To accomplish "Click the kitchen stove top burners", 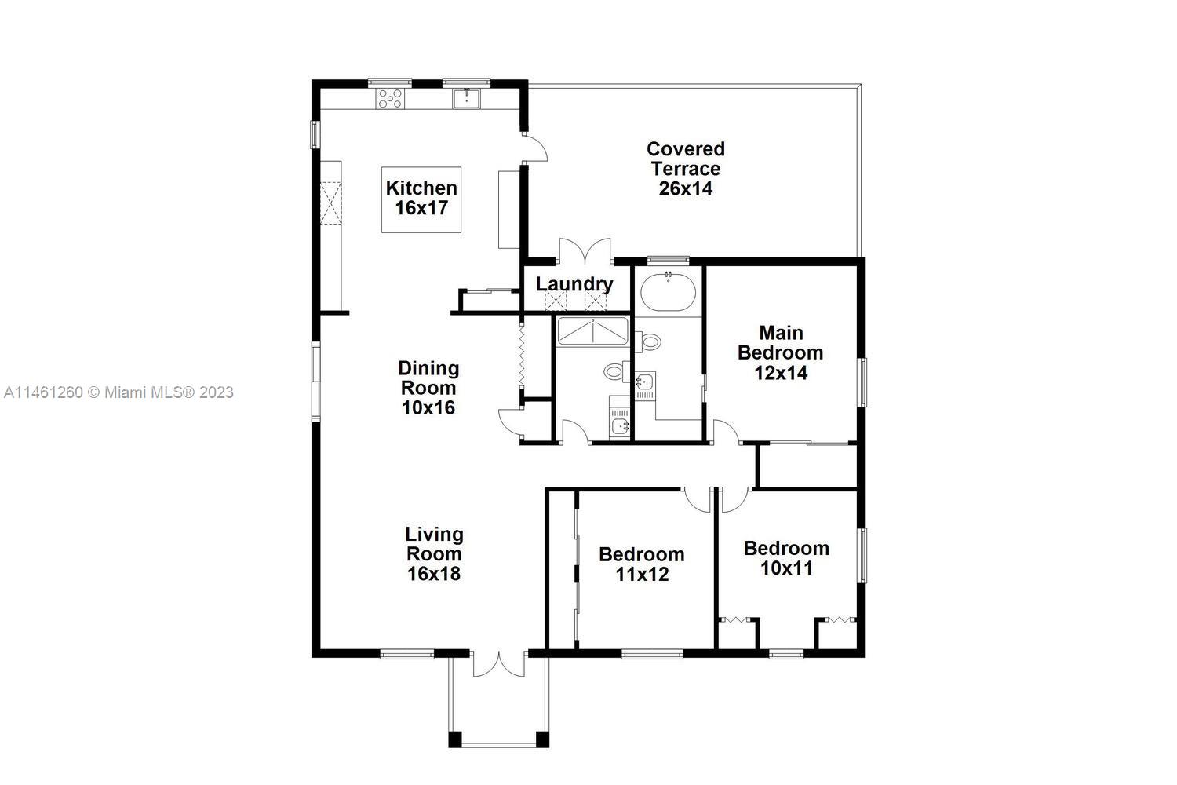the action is point(390,99).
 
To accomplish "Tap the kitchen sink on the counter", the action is point(467,99).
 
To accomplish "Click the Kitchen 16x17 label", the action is point(421,199).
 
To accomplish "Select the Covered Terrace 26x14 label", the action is point(686,169).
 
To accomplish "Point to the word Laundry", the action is point(574,284).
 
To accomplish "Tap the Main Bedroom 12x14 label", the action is point(781,352).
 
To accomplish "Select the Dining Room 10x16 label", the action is point(428,388).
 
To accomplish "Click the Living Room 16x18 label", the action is point(435,554).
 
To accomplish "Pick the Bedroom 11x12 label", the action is point(642,564).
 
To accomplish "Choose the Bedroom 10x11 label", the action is point(786,558).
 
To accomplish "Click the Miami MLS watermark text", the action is point(118,392).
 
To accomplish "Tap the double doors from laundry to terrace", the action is point(585,250).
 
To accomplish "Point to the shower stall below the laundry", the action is point(592,332).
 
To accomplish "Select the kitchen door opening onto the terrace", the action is point(535,148).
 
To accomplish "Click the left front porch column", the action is point(455,739).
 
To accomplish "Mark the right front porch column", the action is point(542,739).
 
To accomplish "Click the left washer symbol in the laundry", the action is point(556,301).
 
